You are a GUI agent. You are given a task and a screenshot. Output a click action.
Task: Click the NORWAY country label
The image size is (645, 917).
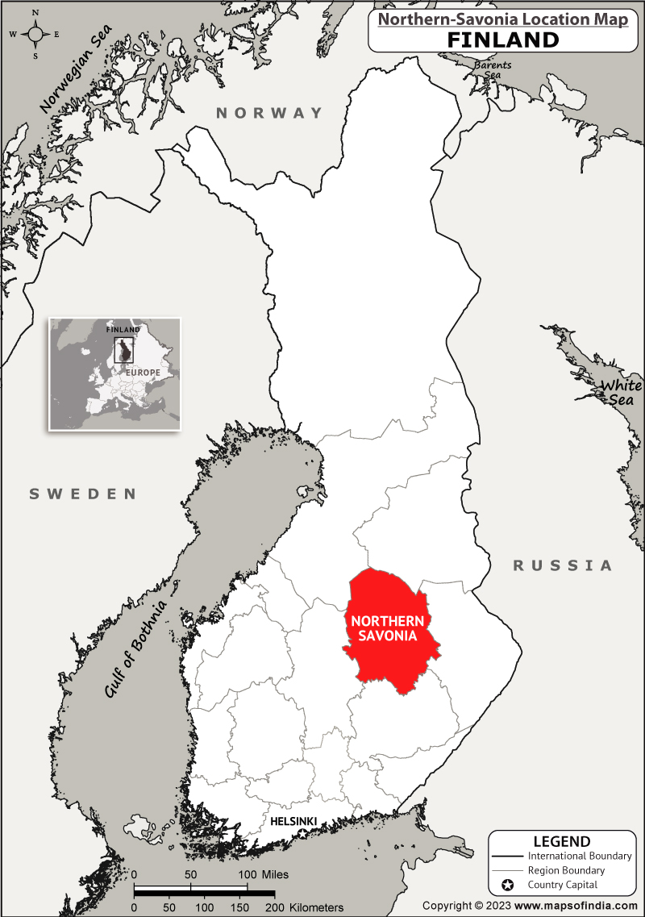269,113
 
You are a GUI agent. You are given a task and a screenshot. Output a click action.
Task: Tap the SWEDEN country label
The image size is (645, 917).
83,494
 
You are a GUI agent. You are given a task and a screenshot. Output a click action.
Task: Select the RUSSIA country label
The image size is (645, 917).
563,565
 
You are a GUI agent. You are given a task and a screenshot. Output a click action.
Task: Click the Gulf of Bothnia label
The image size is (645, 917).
136,648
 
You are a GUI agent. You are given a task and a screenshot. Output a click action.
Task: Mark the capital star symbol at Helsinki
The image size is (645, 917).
302,831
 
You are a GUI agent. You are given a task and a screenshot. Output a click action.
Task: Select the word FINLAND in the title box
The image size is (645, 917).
503,40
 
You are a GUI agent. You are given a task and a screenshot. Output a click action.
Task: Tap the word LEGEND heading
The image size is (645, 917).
561,841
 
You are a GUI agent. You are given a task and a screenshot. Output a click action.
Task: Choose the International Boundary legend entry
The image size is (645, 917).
579,856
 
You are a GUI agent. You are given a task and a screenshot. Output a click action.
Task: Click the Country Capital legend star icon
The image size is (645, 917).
507,886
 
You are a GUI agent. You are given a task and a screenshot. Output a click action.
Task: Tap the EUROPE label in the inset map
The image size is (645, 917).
142,373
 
